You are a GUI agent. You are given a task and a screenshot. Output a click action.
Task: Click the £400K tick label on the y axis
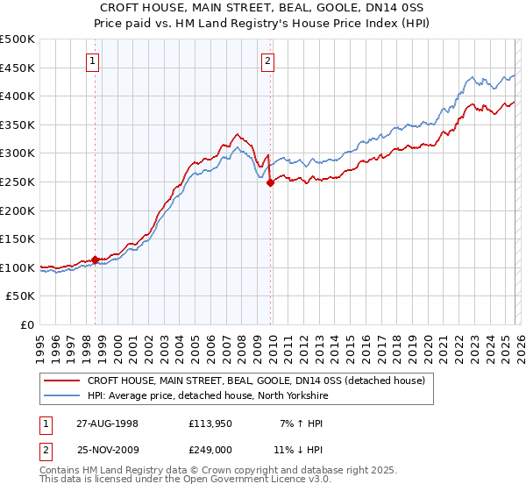[x=18, y=96]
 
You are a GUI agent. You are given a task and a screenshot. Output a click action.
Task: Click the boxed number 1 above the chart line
[x=93, y=61]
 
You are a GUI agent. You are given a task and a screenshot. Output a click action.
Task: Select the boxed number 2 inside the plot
[x=267, y=61]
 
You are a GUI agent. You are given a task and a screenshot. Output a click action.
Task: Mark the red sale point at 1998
[x=95, y=260]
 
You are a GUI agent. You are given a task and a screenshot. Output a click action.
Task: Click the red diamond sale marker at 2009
[x=270, y=182]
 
